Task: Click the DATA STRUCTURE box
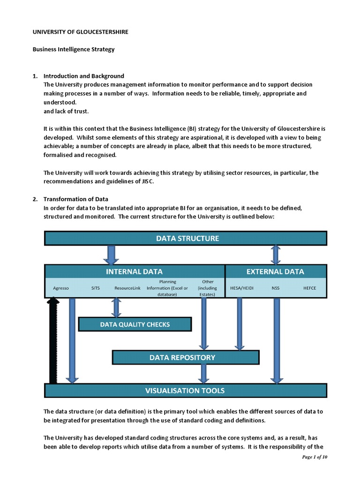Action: [186, 238]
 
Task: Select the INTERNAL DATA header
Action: [135, 271]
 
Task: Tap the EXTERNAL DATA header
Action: [275, 271]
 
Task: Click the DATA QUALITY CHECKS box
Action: [135, 324]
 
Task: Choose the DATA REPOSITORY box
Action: [186, 357]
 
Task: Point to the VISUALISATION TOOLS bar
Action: [186, 390]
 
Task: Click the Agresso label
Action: [61, 288]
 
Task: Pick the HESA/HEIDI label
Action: [242, 288]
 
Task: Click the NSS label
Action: [275, 288]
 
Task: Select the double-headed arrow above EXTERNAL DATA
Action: [276, 255]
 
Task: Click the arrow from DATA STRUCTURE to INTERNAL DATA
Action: [111, 255]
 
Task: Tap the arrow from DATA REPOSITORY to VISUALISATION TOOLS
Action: [203, 374]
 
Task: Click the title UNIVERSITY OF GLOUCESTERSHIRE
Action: [80, 32]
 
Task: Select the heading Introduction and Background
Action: [83, 76]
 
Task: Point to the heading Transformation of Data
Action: [75, 199]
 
